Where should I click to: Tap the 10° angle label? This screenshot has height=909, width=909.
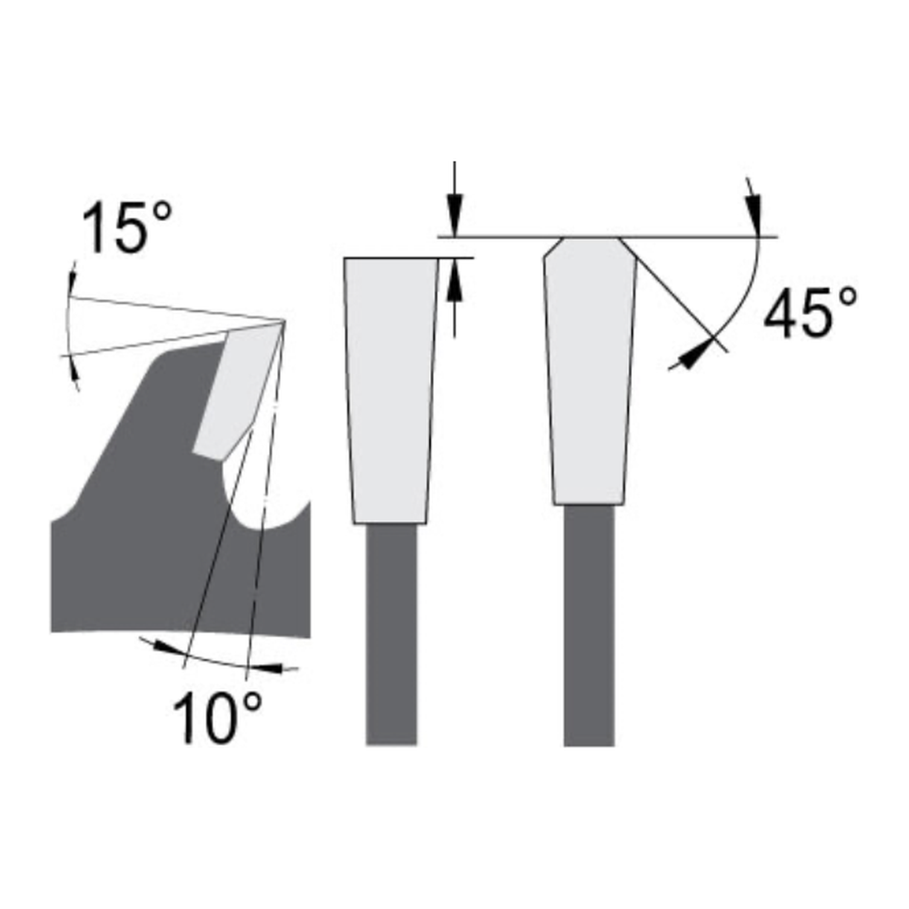(x=218, y=718)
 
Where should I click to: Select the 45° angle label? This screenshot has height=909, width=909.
(x=809, y=314)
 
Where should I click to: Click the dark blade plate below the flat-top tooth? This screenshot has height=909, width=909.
(x=392, y=636)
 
